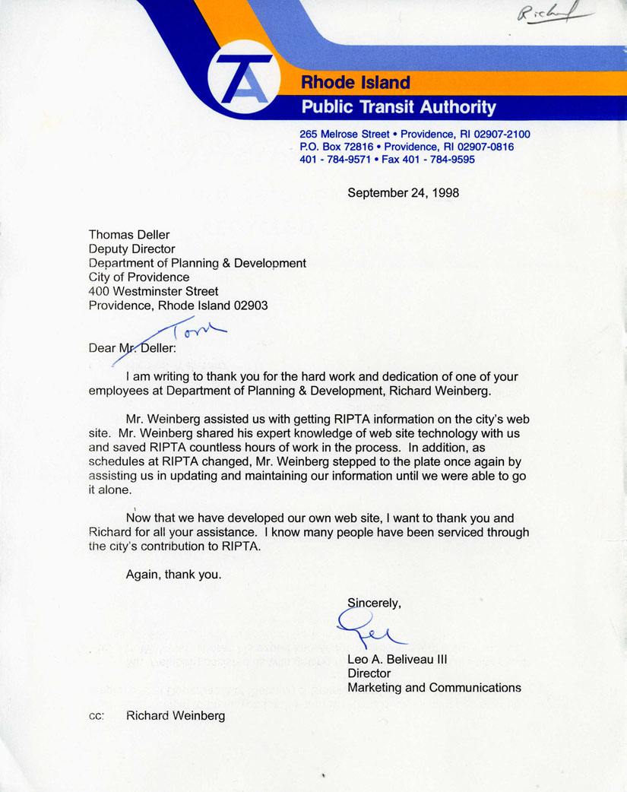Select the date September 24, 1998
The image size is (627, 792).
point(403,193)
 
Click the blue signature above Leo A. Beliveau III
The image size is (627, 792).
point(370,630)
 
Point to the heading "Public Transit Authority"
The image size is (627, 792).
point(398,107)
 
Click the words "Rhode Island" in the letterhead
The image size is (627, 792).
point(356,82)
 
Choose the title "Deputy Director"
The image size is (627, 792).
point(131,249)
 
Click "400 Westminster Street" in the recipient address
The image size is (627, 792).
point(154,291)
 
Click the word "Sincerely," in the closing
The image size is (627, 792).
point(374,603)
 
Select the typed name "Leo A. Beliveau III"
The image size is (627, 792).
point(397,660)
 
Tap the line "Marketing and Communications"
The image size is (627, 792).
point(434,688)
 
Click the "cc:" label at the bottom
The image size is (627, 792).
point(97,716)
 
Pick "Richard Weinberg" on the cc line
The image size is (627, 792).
point(176,716)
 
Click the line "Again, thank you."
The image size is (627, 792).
point(173,575)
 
